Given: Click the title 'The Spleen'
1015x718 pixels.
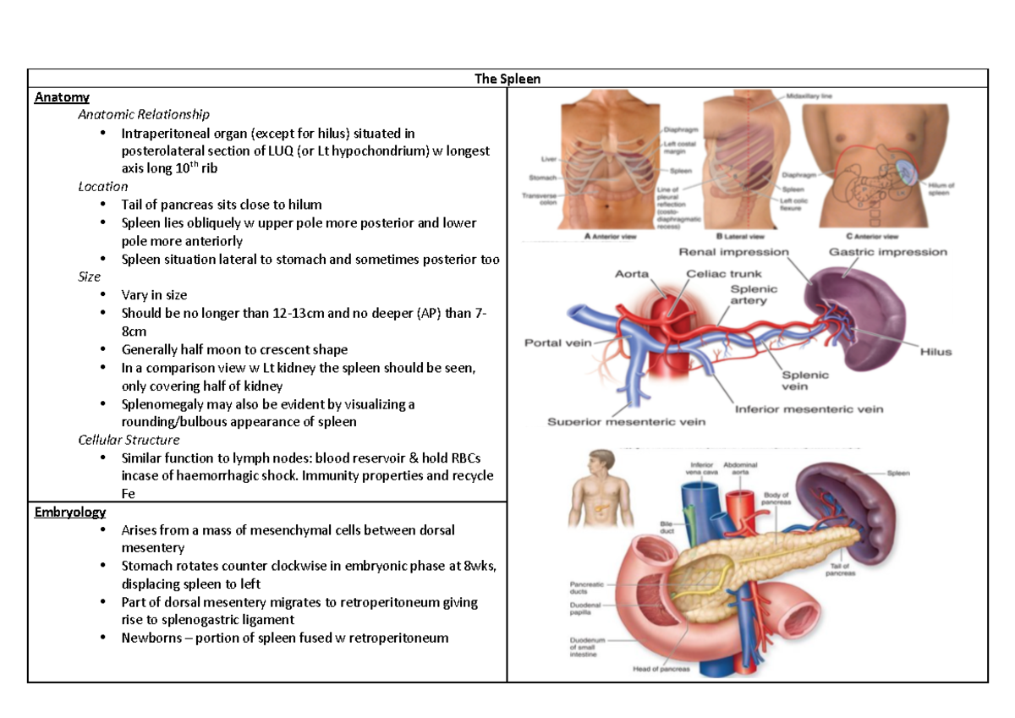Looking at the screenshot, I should tap(507, 79).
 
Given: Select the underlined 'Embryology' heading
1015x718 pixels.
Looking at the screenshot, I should tap(70, 512).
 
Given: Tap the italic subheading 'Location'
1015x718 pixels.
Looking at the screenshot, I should tap(102, 186).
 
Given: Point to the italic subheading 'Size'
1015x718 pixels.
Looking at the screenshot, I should tap(89, 277).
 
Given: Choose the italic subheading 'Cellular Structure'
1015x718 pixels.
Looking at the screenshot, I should tap(129, 440).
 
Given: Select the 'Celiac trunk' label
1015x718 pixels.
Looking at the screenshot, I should tap(724, 274).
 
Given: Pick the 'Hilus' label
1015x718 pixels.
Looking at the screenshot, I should tap(935, 352).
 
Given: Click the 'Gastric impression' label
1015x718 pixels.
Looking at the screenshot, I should tap(888, 252).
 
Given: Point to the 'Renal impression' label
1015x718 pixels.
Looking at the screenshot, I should tap(734, 252).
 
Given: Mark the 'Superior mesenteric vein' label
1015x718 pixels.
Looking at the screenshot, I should tap(627, 421).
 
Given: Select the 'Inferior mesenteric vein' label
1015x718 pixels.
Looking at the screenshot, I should tap(809, 409).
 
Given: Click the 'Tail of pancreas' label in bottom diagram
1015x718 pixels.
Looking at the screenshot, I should tap(840, 569).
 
